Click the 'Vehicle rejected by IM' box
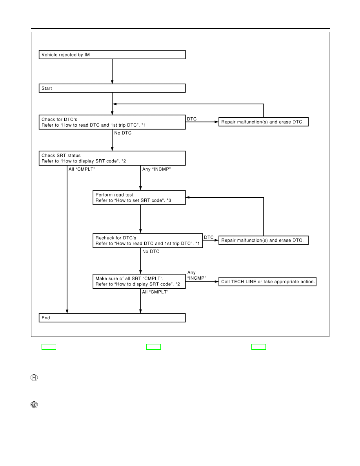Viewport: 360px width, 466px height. pos(112,55)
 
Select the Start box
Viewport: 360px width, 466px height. pos(112,88)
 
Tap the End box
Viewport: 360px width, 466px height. pos(112,318)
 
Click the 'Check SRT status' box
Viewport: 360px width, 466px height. pos(112,158)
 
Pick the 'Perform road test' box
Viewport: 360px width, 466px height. pos(139,198)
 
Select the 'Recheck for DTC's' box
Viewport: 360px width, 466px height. pos(147,241)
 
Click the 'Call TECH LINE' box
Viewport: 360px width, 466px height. pos(267,282)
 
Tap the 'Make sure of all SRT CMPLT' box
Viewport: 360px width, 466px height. pos(139,281)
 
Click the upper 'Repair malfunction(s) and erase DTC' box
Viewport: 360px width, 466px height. pos(264,122)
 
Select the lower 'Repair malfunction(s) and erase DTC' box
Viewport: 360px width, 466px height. pos(264,240)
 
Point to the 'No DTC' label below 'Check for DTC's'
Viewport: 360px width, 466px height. pos(123,133)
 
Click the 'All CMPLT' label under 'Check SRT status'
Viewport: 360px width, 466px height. pos(82,169)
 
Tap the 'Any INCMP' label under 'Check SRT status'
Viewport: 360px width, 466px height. pos(156,169)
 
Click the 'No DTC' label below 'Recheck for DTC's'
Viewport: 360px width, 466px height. pos(151,251)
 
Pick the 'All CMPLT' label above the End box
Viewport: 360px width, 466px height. pos(155,292)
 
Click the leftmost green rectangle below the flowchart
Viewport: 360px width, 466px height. pos(49,347)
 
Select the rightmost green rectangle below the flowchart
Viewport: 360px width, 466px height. pos(259,347)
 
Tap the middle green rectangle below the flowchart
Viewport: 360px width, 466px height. pos(154,347)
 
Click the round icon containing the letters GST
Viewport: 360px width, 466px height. pos(34,405)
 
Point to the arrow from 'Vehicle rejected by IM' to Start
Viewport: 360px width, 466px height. pos(112,71)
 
